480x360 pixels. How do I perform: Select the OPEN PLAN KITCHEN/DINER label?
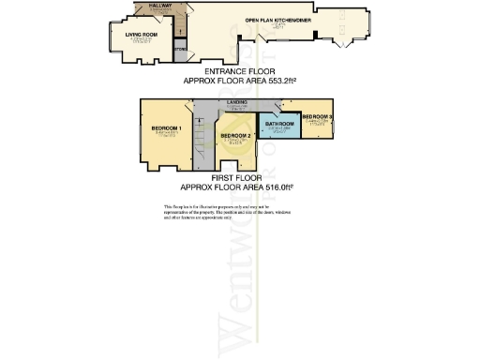click(x=277, y=20)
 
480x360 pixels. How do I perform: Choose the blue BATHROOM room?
click(x=280, y=127)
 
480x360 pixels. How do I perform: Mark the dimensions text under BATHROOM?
click(x=280, y=130)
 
